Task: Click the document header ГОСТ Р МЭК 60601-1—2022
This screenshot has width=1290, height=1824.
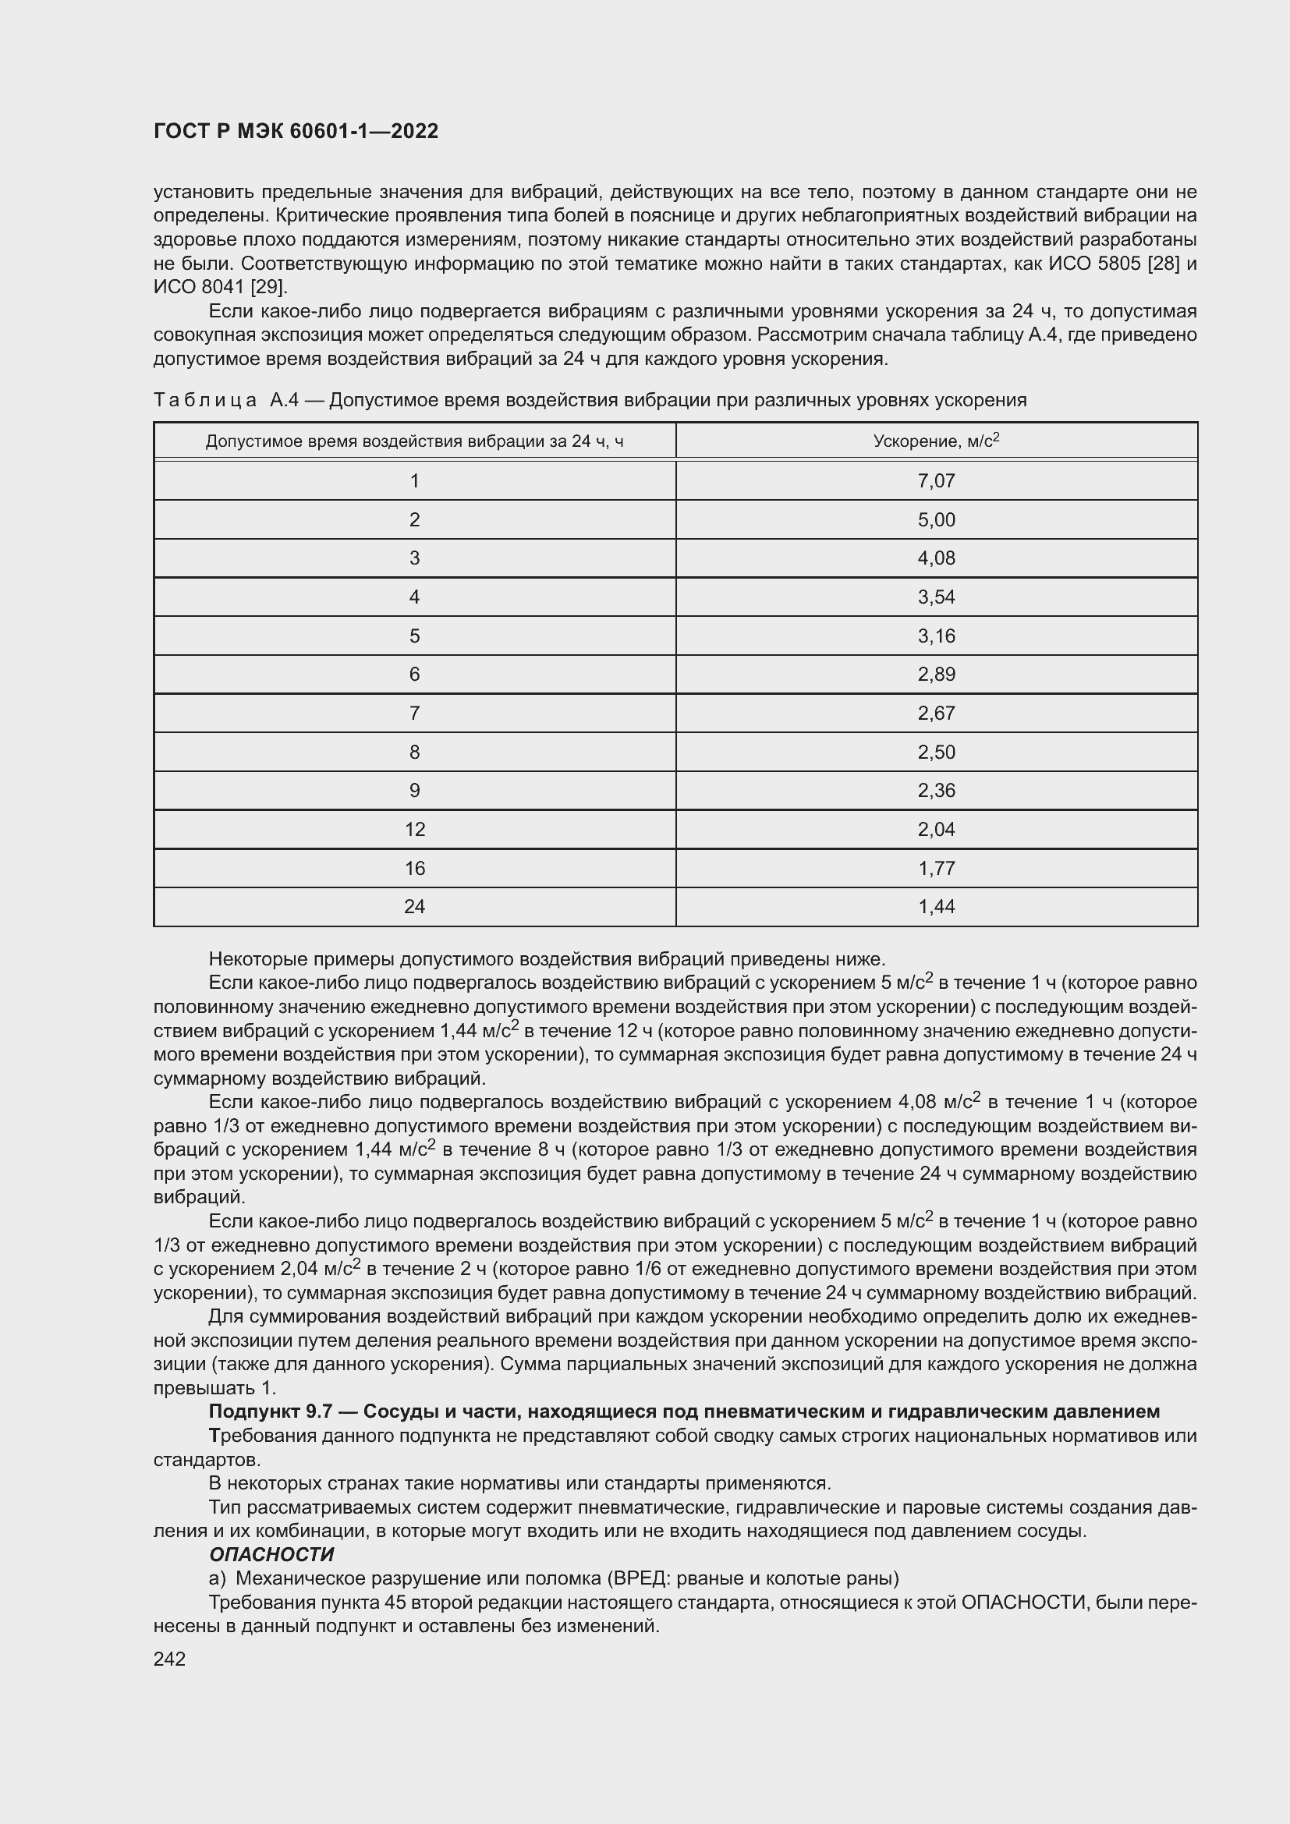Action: click(296, 132)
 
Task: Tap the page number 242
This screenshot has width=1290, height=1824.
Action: click(169, 1659)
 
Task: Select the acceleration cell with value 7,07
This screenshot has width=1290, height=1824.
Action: click(936, 480)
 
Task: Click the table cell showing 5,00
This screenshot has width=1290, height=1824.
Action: click(936, 519)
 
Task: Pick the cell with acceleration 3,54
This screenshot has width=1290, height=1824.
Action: click(936, 597)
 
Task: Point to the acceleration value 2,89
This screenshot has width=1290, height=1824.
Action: click(936, 675)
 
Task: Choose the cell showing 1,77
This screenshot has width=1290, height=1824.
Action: click(936, 868)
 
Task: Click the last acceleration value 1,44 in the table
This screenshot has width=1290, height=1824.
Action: click(936, 906)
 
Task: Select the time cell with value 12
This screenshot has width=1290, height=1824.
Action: click(415, 830)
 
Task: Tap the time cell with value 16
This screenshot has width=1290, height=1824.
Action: click(415, 868)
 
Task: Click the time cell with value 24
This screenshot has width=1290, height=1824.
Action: click(415, 906)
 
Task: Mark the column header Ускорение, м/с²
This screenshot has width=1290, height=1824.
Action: click(936, 441)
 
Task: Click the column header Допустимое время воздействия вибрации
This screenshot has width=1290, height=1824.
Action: click(415, 441)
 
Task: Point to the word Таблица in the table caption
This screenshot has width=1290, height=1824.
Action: click(205, 400)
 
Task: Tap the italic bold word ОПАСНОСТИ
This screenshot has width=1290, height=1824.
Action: click(271, 1554)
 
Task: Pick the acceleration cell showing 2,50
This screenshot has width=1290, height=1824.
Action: click(936, 752)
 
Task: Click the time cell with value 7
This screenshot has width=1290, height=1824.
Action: click(415, 714)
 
